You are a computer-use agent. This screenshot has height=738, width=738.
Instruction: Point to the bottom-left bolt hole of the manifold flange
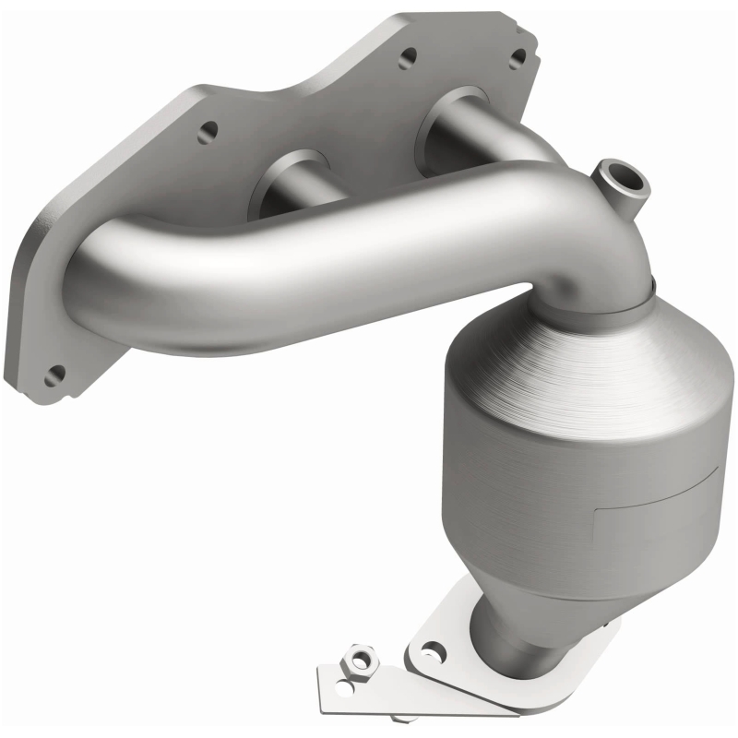point(56,375)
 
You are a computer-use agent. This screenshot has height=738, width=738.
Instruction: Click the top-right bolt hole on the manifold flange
point(518,60)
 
